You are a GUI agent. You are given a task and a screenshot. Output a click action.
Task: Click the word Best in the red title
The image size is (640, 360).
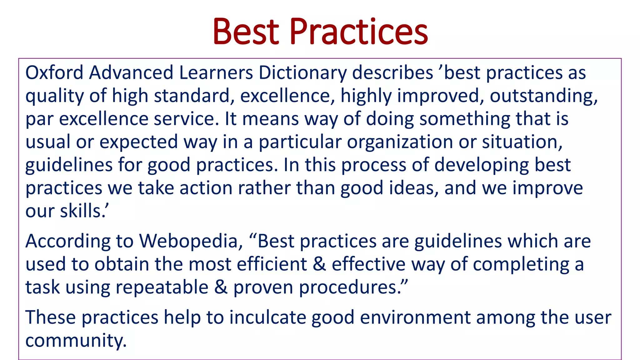pyautogui.click(x=246, y=32)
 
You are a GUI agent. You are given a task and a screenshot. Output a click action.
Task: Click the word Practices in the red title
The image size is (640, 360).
pyautogui.click(x=359, y=32)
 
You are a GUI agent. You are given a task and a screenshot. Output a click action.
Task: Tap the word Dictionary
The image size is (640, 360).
pyautogui.click(x=302, y=73)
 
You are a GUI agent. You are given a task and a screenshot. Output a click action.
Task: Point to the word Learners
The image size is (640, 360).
pyautogui.click(x=216, y=72)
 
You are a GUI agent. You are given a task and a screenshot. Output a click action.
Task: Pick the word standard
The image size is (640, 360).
pyautogui.click(x=192, y=96)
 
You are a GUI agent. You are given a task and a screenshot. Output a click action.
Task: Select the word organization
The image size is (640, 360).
pyautogui.click(x=400, y=142)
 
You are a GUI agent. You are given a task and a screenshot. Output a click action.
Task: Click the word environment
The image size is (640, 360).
pyautogui.click(x=415, y=317)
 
